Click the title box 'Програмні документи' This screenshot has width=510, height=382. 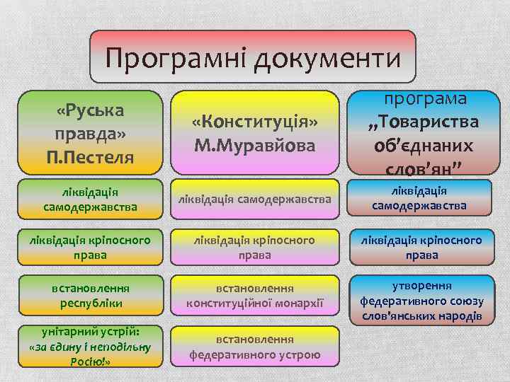pyautogui.click(x=253, y=57)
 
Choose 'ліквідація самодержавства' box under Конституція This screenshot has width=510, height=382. pyautogui.click(x=255, y=200)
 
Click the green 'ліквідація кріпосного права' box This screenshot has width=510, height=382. pyautogui.click(x=90, y=247)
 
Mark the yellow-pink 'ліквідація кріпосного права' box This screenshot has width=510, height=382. pyautogui.click(x=255, y=247)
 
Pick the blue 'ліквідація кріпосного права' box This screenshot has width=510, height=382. pyautogui.click(x=421, y=247)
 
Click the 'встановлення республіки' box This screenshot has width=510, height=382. pyautogui.click(x=90, y=295)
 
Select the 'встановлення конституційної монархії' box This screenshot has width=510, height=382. pyautogui.click(x=255, y=295)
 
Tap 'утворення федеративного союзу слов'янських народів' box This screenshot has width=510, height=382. pyautogui.click(x=421, y=301)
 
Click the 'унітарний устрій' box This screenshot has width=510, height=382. pyautogui.click(x=90, y=346)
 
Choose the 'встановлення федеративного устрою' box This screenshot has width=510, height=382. pyautogui.click(x=255, y=347)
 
